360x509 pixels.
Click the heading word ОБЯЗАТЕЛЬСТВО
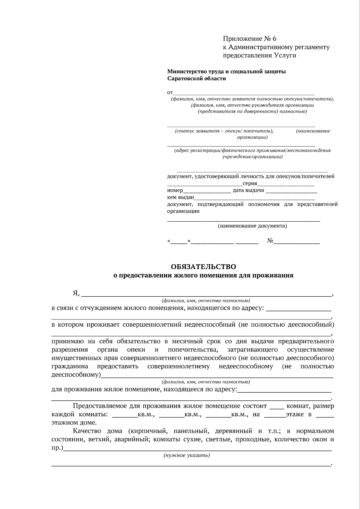tap(203, 267)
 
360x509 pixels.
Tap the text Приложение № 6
tap(249, 39)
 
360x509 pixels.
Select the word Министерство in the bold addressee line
tap(186, 71)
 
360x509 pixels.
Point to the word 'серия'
tap(250, 184)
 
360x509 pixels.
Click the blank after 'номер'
tap(207, 191)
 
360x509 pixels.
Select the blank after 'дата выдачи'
tap(291, 191)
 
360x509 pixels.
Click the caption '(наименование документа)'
tap(252, 226)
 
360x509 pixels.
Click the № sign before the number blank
tap(270, 241)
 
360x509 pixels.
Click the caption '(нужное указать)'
tap(187, 455)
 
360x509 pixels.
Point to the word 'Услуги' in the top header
tap(285, 55)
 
